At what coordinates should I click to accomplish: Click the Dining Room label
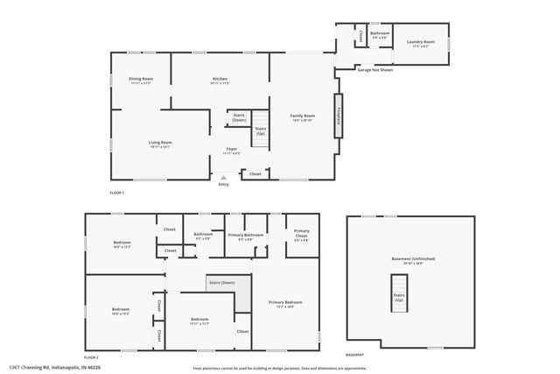(141, 81)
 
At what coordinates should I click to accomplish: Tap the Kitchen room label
(220, 81)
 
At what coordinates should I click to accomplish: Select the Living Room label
(160, 144)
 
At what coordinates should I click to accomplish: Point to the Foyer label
(232, 151)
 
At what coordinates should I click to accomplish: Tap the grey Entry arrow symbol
(223, 177)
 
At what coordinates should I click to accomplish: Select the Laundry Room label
(422, 45)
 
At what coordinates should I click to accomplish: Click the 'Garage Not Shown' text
(374, 68)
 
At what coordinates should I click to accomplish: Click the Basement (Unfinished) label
(413, 261)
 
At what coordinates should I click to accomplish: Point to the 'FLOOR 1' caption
(117, 192)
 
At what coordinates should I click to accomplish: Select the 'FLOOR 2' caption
(91, 357)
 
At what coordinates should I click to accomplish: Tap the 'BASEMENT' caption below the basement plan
(354, 355)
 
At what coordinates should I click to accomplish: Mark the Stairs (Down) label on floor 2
(220, 283)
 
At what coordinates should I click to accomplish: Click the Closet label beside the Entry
(255, 173)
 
